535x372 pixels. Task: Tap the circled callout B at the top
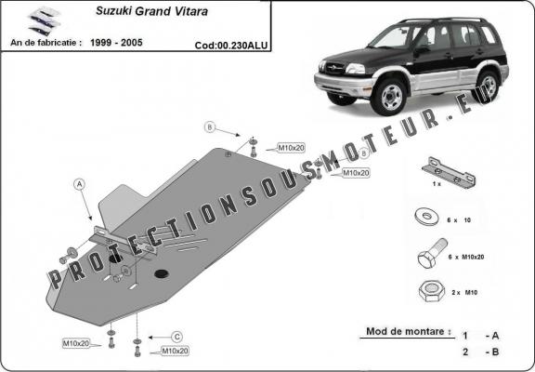click(210, 126)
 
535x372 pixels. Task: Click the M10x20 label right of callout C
click(175, 351)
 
